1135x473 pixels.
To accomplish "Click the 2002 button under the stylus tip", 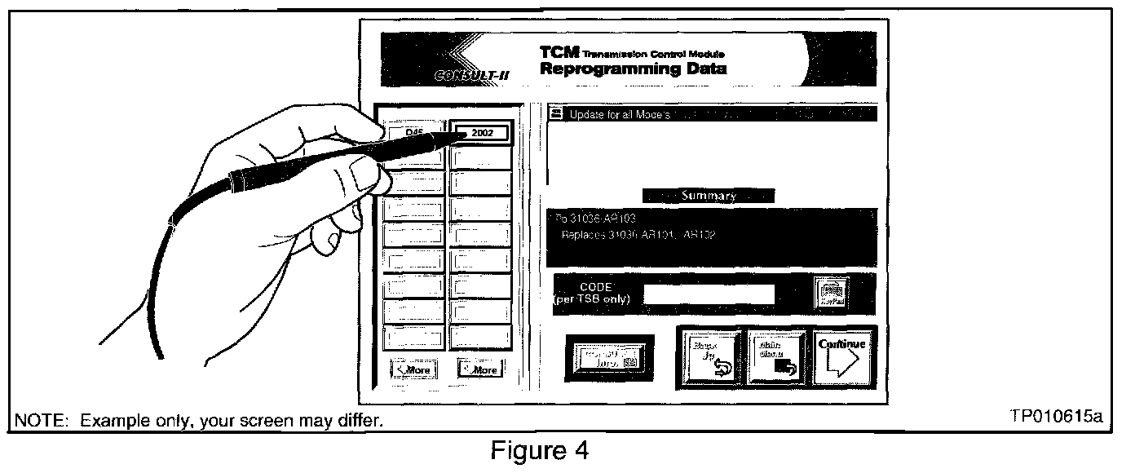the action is click(x=482, y=133).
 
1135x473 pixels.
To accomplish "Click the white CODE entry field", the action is click(x=709, y=294).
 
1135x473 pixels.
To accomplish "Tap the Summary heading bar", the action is click(x=708, y=196).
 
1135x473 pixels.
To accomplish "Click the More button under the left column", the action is click(x=413, y=369).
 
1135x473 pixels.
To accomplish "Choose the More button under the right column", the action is click(x=479, y=369).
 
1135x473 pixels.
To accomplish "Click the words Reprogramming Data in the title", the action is click(x=633, y=69).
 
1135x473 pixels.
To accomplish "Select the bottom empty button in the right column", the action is click(x=481, y=336).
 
